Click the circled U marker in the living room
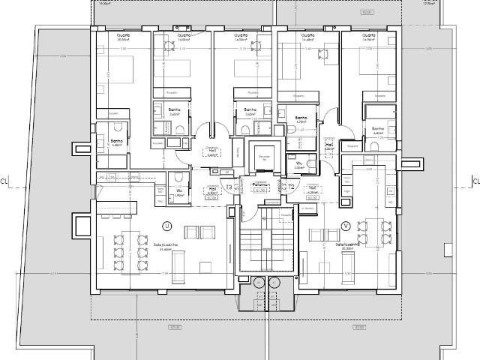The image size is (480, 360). pos(166,225)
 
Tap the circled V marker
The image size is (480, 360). pos(345,225)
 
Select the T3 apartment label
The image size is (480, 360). pos(229,187)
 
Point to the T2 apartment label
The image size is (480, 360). pos(292,187)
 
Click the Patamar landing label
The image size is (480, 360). pos(261,187)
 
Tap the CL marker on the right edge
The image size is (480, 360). pos(475,181)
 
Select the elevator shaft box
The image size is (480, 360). pos(262,158)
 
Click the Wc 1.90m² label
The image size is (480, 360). pos(178,193)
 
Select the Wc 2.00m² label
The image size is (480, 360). pos(298,164)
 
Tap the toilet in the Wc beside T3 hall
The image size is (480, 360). pos(178,178)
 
